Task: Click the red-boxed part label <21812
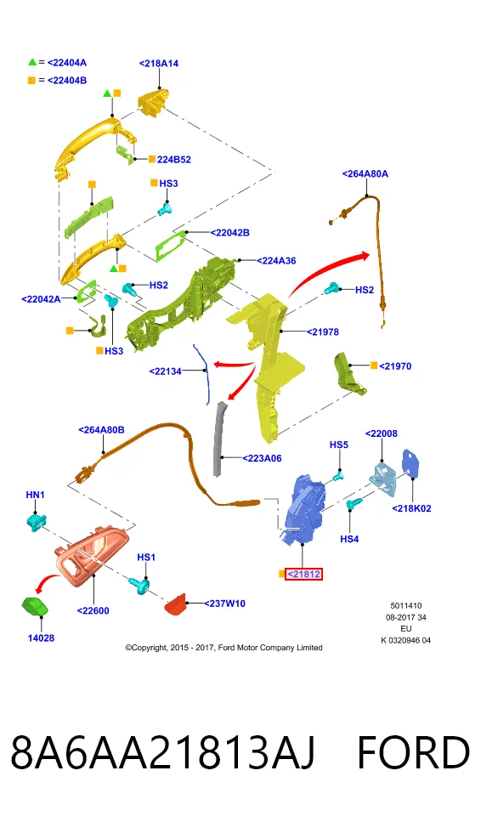(303, 574)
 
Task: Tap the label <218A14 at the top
(159, 64)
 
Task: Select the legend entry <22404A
(66, 62)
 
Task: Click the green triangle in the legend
(32, 62)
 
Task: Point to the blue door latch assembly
(304, 508)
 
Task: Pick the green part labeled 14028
(35, 607)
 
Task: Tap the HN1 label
(36, 495)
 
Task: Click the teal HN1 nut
(37, 522)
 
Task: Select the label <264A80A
(365, 173)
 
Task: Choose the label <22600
(93, 610)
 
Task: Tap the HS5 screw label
(339, 445)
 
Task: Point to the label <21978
(323, 331)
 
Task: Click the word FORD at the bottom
(413, 752)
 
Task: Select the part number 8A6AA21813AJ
(163, 752)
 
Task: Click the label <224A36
(276, 261)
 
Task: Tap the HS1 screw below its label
(141, 586)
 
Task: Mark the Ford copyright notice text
(224, 648)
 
